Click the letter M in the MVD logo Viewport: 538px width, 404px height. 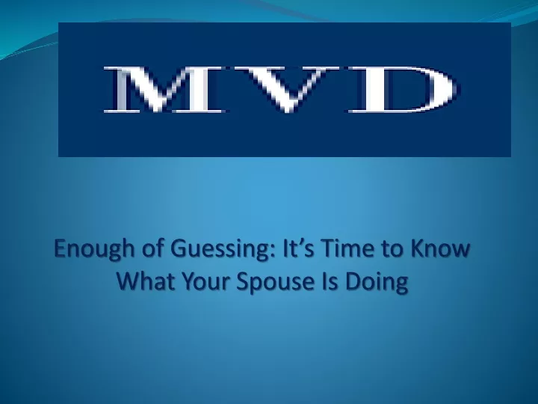[164, 89]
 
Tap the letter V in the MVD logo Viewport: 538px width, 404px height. [288, 89]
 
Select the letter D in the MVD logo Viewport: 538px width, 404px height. [403, 89]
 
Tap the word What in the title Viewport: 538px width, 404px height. [145, 281]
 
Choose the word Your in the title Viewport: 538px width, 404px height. [205, 281]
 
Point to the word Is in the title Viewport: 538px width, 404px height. [330, 281]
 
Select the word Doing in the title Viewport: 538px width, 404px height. [377, 282]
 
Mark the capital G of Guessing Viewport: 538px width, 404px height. [179, 248]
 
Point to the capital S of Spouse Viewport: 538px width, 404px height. [243, 281]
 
